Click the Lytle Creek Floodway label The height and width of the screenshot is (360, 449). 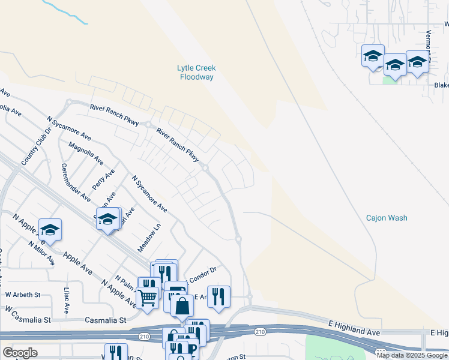tap(197, 73)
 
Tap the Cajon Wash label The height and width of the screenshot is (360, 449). tap(387, 218)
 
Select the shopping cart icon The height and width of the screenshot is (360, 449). tap(147, 297)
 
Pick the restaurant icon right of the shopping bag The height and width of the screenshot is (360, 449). tap(218, 296)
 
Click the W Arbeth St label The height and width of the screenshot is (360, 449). tap(23, 295)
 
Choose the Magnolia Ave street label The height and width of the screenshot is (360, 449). tap(86, 154)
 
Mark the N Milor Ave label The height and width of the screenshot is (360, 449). tap(41, 253)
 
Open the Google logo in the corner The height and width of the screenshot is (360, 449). tap(20, 353)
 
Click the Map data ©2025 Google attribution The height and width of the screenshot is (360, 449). tap(412, 355)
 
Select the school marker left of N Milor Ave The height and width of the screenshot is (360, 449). tap(50, 230)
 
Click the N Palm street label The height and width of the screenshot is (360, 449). tap(126, 282)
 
